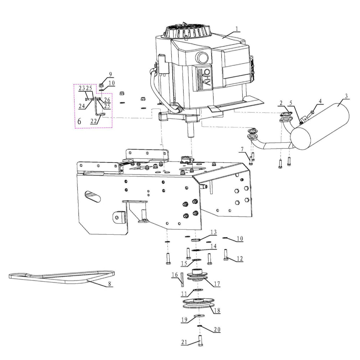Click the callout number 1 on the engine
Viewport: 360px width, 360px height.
pos(237,28)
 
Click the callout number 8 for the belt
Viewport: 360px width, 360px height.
pos(109,283)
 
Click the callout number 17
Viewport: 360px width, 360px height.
pos(216,284)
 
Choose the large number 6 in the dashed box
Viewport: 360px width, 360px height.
pos(79,122)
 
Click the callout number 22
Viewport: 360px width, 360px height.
pos(94,121)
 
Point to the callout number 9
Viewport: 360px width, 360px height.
pos(110,74)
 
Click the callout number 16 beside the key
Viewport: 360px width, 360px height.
pos(175,275)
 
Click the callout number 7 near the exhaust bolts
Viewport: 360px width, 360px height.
pos(242,149)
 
